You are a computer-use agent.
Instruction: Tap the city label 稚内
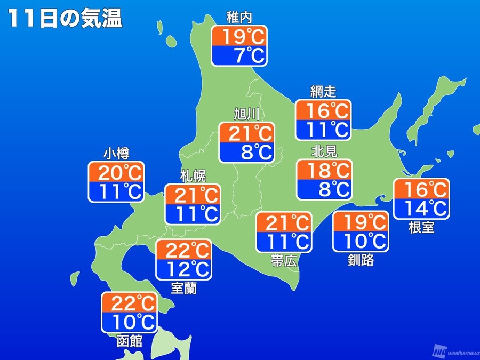[x=239, y=19]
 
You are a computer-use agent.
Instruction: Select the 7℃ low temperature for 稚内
[x=239, y=55]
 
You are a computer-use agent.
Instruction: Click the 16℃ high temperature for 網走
[x=324, y=111]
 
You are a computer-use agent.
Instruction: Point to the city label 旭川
[x=246, y=114]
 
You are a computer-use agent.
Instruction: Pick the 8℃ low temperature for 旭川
[x=246, y=152]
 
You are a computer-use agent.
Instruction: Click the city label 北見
[x=324, y=152]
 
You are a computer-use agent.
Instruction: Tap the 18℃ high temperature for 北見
[x=324, y=171]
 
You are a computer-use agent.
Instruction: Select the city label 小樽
[x=116, y=154]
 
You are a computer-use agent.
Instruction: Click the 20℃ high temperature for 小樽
[x=116, y=173]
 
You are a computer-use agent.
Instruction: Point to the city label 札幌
[x=193, y=176]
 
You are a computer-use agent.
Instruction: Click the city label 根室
[x=421, y=228]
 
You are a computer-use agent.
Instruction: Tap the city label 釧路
[x=360, y=260]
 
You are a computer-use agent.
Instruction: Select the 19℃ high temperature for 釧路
[x=360, y=221]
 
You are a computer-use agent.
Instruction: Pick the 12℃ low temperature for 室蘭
[x=183, y=269]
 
